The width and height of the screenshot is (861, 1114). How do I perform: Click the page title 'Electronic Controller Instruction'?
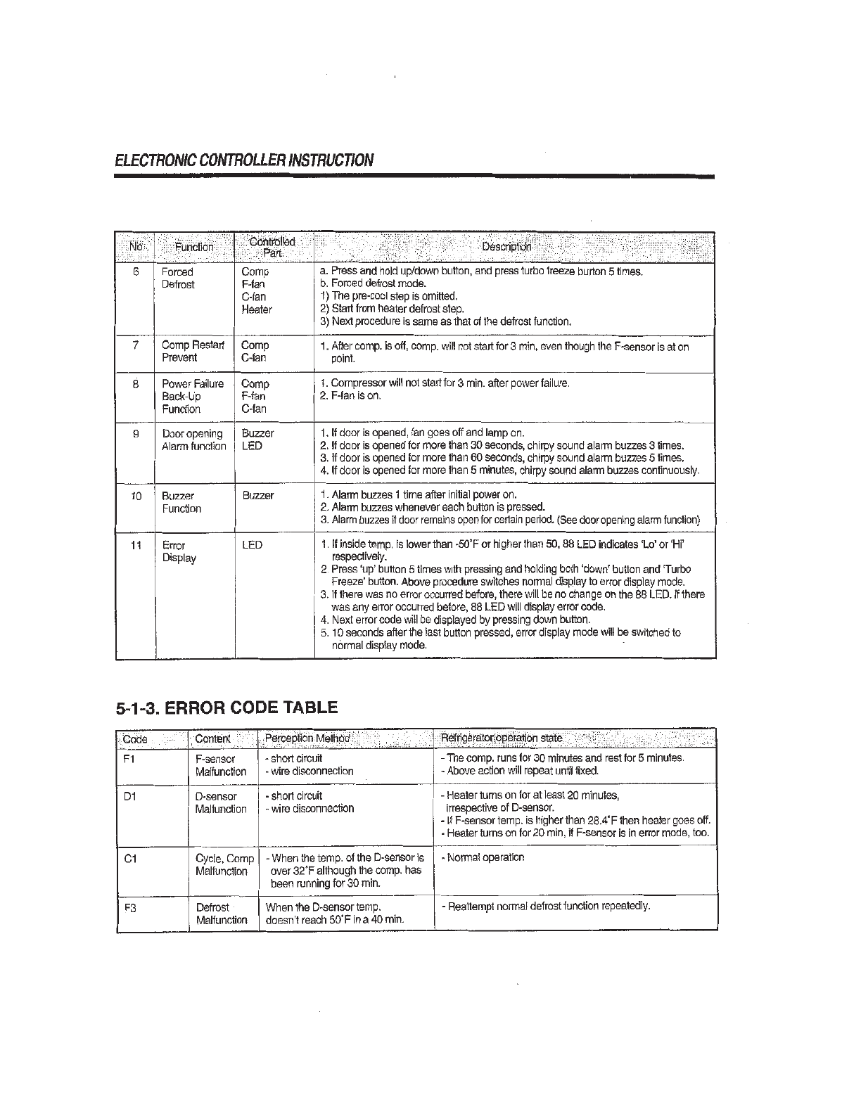point(243,160)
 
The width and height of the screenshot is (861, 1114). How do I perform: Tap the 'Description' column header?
point(506,247)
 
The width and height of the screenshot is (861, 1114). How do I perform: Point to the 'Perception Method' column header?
point(307,738)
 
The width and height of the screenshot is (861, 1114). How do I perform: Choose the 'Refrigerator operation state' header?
point(501,738)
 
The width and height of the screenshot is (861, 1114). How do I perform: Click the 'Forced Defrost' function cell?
point(177,278)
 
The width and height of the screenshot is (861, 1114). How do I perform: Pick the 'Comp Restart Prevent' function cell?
point(193,351)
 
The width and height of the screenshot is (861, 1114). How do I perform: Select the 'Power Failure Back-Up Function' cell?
point(192,396)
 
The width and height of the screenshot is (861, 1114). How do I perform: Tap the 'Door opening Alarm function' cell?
point(193,440)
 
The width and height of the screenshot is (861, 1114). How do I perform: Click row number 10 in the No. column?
point(136,496)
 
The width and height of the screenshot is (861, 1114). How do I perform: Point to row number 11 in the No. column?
point(136,545)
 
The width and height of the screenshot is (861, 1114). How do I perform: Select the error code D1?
point(129,796)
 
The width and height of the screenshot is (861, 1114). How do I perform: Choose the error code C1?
point(129,859)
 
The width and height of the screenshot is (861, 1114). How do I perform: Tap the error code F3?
point(129,907)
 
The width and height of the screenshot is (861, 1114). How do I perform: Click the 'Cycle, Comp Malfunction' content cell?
point(224,865)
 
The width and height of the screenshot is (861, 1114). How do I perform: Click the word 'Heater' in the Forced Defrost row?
point(256,309)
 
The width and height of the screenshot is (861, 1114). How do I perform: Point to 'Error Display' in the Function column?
point(179,551)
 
